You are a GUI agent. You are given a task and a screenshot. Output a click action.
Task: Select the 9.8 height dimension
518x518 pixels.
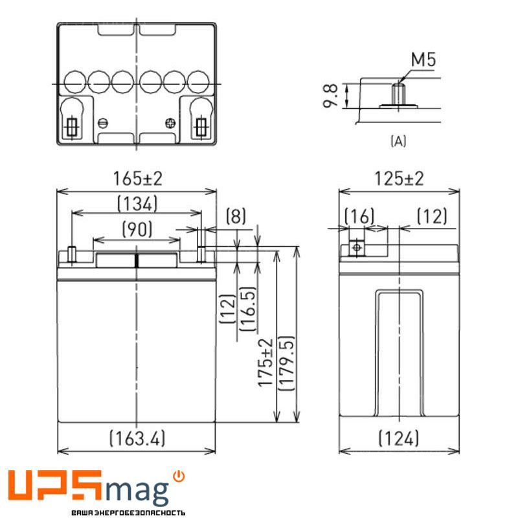(x=331, y=96)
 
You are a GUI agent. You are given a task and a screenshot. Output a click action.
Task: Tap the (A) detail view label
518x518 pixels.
(x=398, y=141)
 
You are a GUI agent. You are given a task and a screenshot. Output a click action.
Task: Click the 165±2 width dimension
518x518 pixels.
(x=136, y=179)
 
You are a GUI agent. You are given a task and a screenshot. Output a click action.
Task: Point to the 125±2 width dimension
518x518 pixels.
(x=399, y=179)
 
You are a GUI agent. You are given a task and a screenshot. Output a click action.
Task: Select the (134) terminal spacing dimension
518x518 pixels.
(x=137, y=204)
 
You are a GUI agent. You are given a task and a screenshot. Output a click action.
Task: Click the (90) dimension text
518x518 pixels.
(x=137, y=228)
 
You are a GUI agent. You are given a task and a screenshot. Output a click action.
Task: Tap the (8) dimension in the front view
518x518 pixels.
(x=236, y=216)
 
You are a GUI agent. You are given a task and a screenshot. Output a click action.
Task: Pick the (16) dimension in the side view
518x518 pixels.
(x=359, y=216)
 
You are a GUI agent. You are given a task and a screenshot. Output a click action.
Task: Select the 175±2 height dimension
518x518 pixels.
(x=265, y=363)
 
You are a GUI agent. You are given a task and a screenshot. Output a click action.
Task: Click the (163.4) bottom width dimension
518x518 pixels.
(x=137, y=438)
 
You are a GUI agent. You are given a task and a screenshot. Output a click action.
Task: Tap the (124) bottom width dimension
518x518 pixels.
(x=399, y=438)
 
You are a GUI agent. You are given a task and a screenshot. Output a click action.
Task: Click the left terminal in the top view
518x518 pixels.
(x=71, y=125)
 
